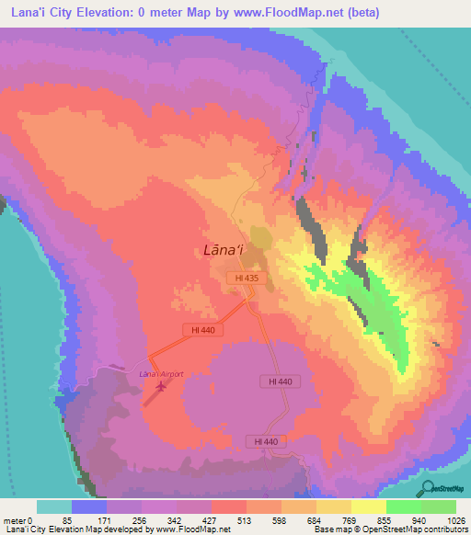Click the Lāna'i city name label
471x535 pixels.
(x=223, y=248)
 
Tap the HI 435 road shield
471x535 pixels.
(x=245, y=277)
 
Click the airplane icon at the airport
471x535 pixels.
(x=163, y=386)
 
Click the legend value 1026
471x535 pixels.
(x=455, y=520)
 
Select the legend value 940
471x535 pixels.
(x=421, y=520)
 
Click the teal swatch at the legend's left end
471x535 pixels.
(x=54, y=507)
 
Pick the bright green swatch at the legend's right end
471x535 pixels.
(x=438, y=507)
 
